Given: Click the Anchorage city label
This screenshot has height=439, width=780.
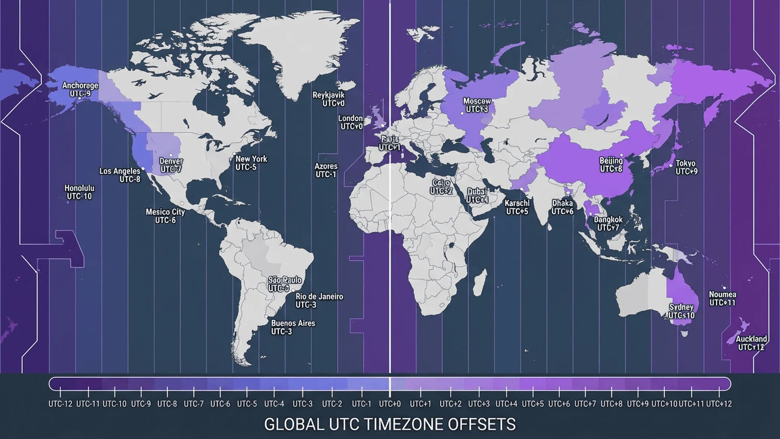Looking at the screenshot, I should pyautogui.click(x=80, y=89).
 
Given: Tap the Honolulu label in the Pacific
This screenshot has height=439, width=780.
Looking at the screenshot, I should pyautogui.click(x=79, y=192).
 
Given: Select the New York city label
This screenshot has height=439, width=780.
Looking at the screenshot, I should pyautogui.click(x=251, y=163).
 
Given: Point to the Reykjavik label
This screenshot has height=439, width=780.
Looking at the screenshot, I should pyautogui.click(x=328, y=99).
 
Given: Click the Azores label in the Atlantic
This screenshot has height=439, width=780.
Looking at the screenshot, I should pyautogui.click(x=326, y=170).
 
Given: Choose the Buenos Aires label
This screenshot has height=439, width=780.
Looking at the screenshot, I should pyautogui.click(x=292, y=327).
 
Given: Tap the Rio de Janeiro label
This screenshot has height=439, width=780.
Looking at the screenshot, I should pyautogui.click(x=319, y=300).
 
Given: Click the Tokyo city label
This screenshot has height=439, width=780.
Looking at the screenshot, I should pyautogui.click(x=686, y=167).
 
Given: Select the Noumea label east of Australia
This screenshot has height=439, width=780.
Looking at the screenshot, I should pyautogui.click(x=722, y=298).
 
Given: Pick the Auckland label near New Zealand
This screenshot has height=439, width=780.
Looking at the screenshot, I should pyautogui.click(x=751, y=343).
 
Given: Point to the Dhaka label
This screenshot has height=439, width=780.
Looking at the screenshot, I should pyautogui.click(x=562, y=207).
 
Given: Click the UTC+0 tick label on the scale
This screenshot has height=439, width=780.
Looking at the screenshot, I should pyautogui.click(x=390, y=404).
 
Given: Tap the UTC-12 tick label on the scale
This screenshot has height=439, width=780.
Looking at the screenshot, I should pyautogui.click(x=61, y=404).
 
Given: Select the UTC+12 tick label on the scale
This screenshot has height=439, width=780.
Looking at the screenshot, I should pyautogui.click(x=719, y=404).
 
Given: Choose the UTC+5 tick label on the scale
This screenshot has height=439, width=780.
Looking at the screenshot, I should pyautogui.click(x=533, y=404).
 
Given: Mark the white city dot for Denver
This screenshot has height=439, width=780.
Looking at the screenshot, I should pyautogui.click(x=171, y=155).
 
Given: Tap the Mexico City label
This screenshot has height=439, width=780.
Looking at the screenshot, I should pyautogui.click(x=165, y=216).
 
